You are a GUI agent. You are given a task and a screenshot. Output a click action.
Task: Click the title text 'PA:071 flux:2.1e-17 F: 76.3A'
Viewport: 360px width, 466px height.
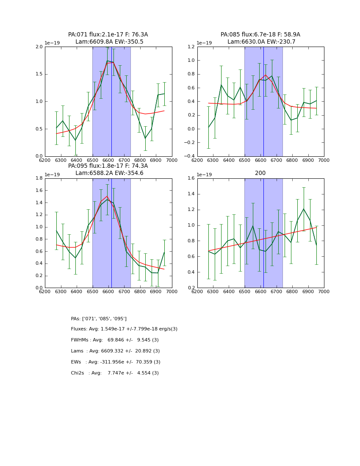(108, 35)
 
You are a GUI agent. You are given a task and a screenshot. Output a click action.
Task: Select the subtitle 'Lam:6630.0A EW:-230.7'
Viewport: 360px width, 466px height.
(261, 42)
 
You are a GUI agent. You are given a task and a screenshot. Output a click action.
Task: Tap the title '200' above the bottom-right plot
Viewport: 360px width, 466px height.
(260, 173)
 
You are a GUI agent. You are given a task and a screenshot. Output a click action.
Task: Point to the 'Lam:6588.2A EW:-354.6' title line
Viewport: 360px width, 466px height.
(109, 173)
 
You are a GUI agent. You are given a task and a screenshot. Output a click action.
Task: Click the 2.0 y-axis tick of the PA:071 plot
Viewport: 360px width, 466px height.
(39, 47)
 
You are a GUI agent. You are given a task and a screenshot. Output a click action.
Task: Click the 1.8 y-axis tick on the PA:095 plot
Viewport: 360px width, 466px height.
(39, 178)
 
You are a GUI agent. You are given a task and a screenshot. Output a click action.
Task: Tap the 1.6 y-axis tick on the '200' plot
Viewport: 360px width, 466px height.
(191, 178)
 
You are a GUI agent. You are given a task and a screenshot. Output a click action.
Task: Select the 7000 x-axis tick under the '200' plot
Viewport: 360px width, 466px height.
(324, 291)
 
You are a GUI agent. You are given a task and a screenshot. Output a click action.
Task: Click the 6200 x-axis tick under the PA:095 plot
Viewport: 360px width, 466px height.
(45, 291)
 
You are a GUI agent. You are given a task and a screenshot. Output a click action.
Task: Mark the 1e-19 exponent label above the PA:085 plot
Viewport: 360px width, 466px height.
(205, 43)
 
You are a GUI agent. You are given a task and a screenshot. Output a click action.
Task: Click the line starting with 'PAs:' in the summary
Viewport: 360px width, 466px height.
(99, 319)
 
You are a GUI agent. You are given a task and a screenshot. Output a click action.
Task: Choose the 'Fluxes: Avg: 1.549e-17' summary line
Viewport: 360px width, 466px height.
(124, 329)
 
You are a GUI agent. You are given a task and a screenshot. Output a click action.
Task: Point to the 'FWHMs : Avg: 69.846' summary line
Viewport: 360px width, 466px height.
(115, 340)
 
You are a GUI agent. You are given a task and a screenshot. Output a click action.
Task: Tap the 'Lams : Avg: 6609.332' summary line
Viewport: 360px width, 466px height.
(115, 351)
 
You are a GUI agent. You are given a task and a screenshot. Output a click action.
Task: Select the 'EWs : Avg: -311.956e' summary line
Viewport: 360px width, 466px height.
(116, 362)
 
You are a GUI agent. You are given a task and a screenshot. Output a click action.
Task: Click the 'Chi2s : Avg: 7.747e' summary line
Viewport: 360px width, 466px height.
(115, 373)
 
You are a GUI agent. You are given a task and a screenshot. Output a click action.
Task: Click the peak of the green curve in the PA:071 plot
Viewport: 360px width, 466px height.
(107, 61)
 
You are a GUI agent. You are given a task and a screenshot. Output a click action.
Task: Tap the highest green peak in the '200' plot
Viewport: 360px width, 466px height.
(304, 209)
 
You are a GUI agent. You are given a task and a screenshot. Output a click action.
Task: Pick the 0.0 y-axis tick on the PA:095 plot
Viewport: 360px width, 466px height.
(39, 288)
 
